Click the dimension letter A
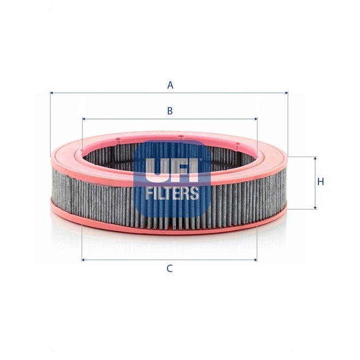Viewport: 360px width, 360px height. pyautogui.click(x=170, y=85)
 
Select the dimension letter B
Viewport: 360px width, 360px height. pyautogui.click(x=170, y=111)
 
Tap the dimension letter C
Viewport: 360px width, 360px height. pyautogui.click(x=170, y=268)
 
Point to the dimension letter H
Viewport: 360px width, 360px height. pyautogui.click(x=321, y=182)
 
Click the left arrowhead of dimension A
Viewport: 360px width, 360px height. pyautogui.click(x=52, y=93)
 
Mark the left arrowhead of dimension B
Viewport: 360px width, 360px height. pyautogui.click(x=83, y=118)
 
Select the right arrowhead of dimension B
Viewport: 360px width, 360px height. pyautogui.click(x=255, y=118)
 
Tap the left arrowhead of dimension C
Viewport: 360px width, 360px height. pyautogui.click(x=83, y=260)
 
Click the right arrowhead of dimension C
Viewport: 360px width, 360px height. pyautogui.click(x=255, y=260)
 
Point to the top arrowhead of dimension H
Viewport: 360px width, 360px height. pyautogui.click(x=315, y=159)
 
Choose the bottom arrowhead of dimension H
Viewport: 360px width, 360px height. pyautogui.click(x=315, y=207)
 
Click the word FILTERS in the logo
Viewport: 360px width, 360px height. pyautogui.click(x=172, y=193)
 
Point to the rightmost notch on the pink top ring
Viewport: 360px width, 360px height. pyautogui.click(x=238, y=145)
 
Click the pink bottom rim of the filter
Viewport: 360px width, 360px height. pyautogui.click(x=169, y=230)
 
